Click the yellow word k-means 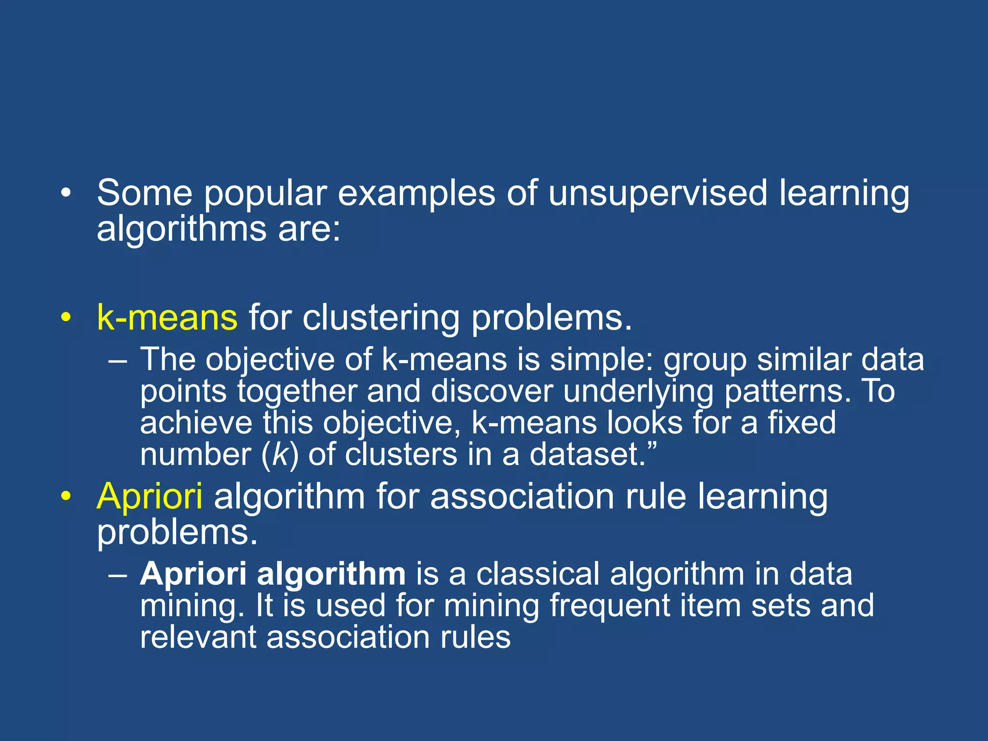[x=167, y=317]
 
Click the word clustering [x=381, y=318]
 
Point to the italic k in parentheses [x=280, y=454]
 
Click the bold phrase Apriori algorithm [x=273, y=574]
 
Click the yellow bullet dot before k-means [x=66, y=317]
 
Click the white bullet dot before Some [x=66, y=193]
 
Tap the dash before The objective [x=118, y=360]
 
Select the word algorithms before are [x=181, y=229]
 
